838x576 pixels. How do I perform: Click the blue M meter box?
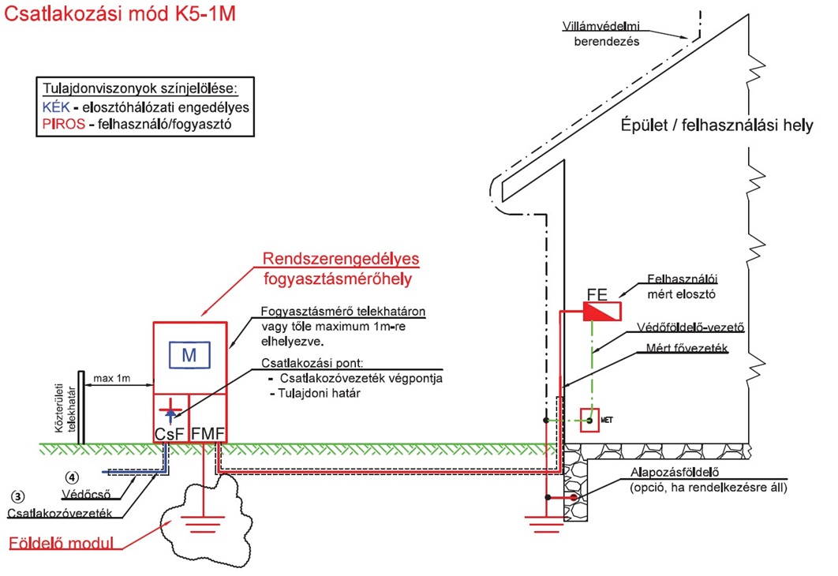189,356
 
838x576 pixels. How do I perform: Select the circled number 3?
17,497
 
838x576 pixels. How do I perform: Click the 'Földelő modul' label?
61,544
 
